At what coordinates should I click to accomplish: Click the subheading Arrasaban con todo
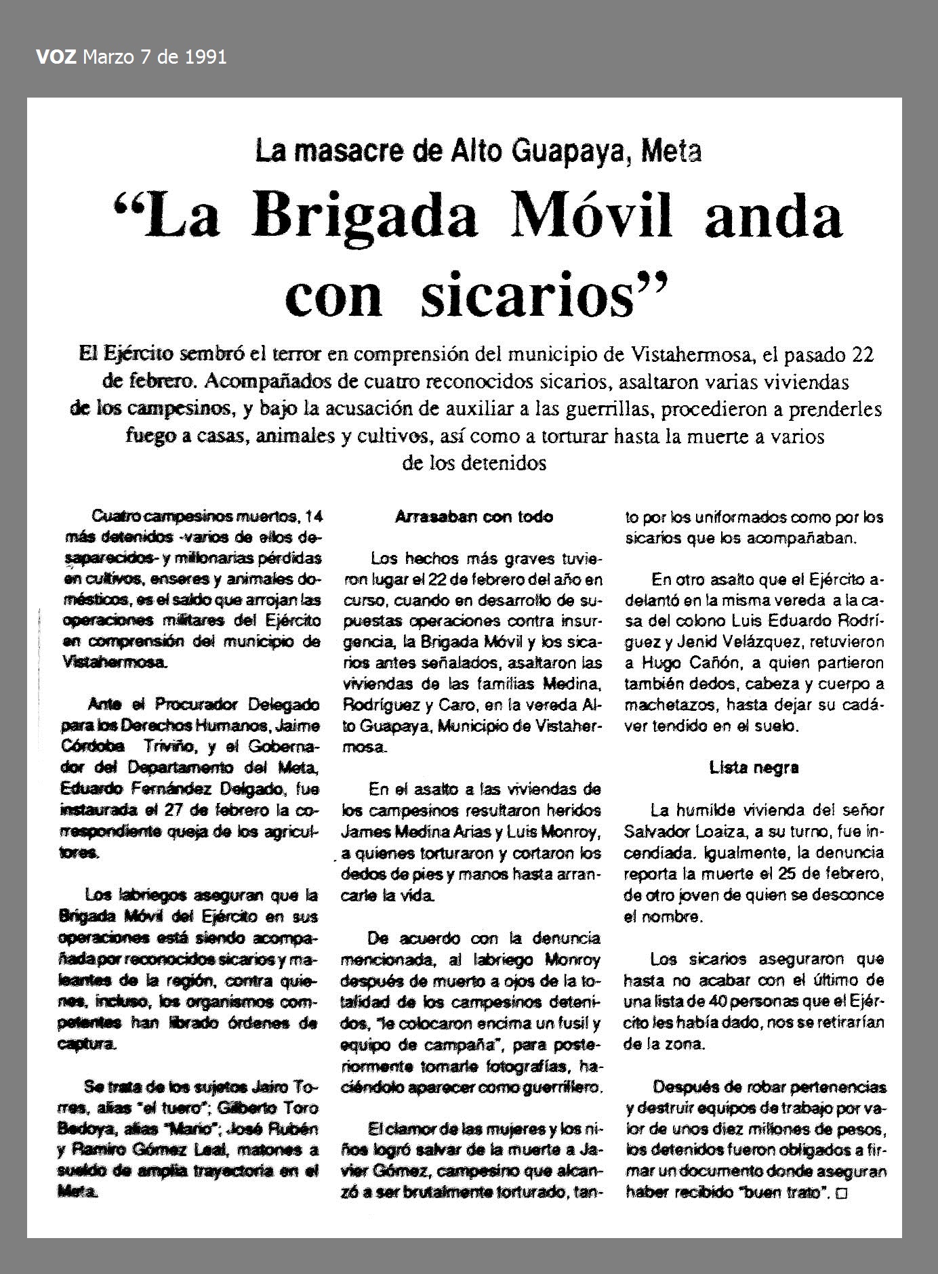point(474,517)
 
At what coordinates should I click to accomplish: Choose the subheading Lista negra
point(754,768)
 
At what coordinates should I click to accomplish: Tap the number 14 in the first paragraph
point(313,517)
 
